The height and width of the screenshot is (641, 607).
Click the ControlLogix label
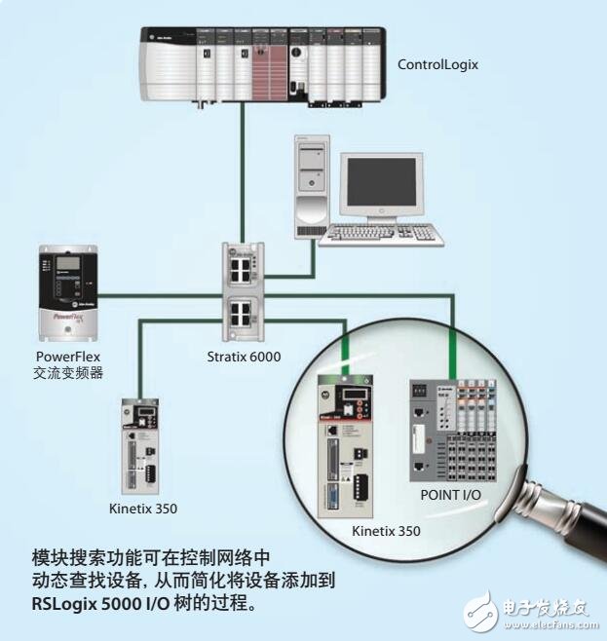(x=438, y=65)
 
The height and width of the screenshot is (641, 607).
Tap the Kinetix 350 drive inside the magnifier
(x=346, y=449)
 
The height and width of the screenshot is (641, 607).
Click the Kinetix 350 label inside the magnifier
(x=386, y=531)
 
